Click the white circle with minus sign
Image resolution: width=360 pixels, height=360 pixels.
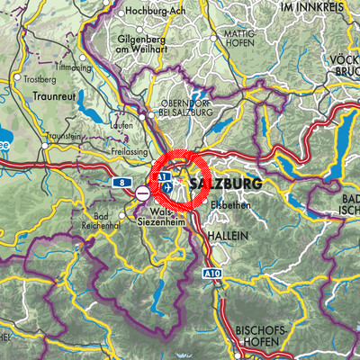click(x=143, y=193)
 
